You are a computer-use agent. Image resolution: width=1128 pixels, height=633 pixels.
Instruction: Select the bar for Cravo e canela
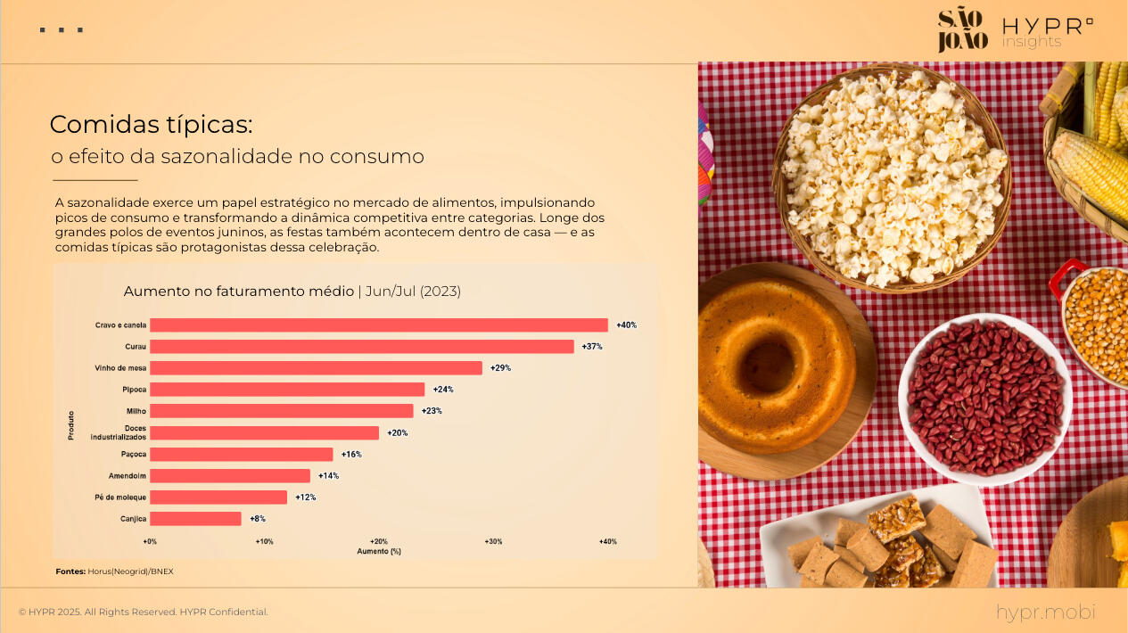pos(379,325)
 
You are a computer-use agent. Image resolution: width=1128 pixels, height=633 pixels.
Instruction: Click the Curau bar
pos(362,347)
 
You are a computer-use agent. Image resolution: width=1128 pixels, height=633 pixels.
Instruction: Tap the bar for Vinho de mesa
pos(316,368)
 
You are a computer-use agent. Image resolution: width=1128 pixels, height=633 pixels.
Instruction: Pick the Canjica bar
pos(195,519)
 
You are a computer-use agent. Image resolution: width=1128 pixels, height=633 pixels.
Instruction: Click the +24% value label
pos(443,390)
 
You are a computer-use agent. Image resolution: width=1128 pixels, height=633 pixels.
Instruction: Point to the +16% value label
pos(351,455)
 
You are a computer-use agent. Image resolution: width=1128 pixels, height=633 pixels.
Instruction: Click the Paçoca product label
pos(135,455)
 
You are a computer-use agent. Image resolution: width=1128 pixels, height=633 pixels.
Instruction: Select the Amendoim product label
pos(128,476)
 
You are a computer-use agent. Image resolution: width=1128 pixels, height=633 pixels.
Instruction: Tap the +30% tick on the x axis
pos(493,542)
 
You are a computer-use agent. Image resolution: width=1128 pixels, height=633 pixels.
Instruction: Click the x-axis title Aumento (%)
pos(379,552)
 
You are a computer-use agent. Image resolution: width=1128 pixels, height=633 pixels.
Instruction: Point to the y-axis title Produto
pos(71,424)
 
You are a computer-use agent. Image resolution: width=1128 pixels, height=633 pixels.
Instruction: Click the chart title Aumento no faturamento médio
pos(238,292)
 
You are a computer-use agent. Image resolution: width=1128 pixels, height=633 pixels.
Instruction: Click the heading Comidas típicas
pos(152,124)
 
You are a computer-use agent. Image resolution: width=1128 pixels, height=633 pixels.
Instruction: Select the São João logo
pos(962,30)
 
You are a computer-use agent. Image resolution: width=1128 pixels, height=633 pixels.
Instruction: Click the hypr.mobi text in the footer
pos(1045,612)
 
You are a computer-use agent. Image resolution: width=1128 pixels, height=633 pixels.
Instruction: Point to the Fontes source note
pos(114,571)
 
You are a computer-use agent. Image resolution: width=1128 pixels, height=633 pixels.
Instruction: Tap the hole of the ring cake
pos(768,366)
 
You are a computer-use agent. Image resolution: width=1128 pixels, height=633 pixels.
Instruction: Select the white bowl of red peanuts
pos(984,398)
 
